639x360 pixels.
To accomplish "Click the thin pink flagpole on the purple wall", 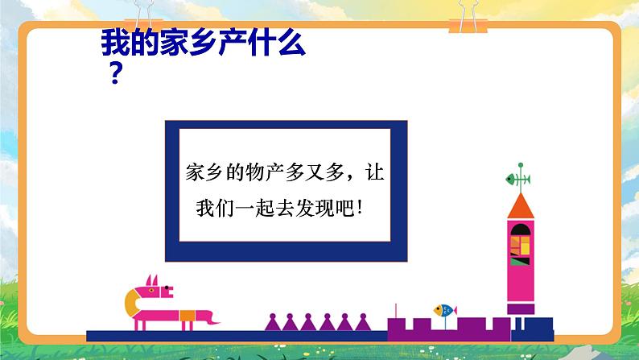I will coord(394,309).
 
